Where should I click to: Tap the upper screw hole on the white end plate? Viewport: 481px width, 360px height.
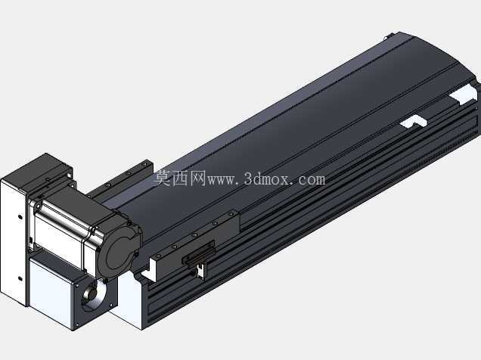click(20, 217)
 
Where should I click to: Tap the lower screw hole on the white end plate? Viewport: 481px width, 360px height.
click(20, 279)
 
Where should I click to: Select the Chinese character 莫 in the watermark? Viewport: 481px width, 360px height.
click(162, 178)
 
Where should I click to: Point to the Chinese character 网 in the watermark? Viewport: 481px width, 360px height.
click(197, 178)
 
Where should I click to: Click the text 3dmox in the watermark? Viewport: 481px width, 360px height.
click(267, 178)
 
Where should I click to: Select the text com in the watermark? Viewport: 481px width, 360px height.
click(312, 180)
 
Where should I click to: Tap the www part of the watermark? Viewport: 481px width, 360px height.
click(222, 180)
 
